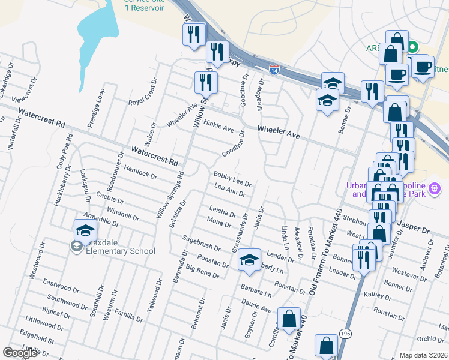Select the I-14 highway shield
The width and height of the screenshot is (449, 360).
(x=273, y=70)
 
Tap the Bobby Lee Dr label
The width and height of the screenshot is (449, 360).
(x=232, y=178)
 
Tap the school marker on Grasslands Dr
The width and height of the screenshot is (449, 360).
(x=249, y=261)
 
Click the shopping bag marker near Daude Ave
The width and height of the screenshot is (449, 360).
(x=289, y=320)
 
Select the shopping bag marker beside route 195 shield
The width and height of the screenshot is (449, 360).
(x=327, y=347)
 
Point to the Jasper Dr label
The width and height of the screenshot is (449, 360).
(x=414, y=229)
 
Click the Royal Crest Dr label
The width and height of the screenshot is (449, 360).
(x=143, y=92)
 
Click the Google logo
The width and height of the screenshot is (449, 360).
(x=20, y=353)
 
